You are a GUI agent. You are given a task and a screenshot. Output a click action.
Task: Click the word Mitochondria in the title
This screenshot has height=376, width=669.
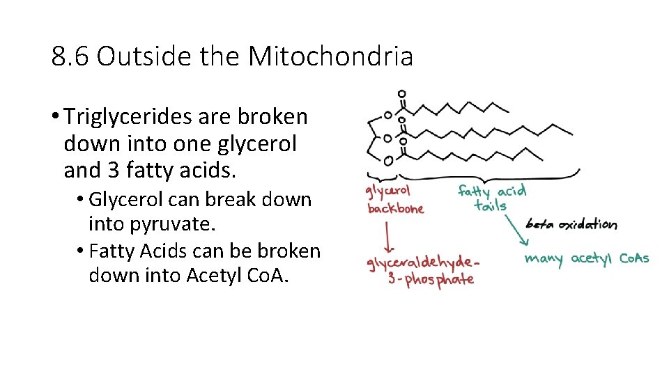pos(330,56)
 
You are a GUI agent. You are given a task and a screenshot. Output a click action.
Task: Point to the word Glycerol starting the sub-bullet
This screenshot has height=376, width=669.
pos(125,199)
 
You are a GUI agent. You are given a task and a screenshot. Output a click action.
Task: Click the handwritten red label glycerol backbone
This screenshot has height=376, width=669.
pos(394,199)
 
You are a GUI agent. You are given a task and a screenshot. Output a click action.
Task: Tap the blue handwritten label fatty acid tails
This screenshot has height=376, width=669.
pos(491,197)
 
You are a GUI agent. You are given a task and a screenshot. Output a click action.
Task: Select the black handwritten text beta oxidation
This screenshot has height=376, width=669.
pos(571,224)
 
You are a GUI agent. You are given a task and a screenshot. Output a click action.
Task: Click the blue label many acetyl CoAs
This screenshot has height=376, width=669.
pos(586,258)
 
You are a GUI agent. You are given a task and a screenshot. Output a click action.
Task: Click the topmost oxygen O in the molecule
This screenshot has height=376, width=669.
pos(402,94)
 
